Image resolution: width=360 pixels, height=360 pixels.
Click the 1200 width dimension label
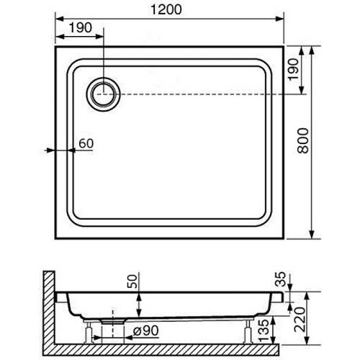(166, 9)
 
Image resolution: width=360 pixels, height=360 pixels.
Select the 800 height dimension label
(302, 140)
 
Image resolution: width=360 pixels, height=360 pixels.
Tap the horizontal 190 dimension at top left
(81, 27)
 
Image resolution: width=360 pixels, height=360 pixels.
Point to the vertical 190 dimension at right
(293, 69)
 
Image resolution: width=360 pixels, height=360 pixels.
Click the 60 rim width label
(86, 143)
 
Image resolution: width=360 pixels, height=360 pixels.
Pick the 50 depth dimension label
(132, 282)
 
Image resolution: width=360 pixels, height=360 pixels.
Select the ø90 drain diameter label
(146, 330)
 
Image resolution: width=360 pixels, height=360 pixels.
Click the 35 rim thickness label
(281, 279)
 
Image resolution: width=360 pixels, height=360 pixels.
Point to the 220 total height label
(300, 320)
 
